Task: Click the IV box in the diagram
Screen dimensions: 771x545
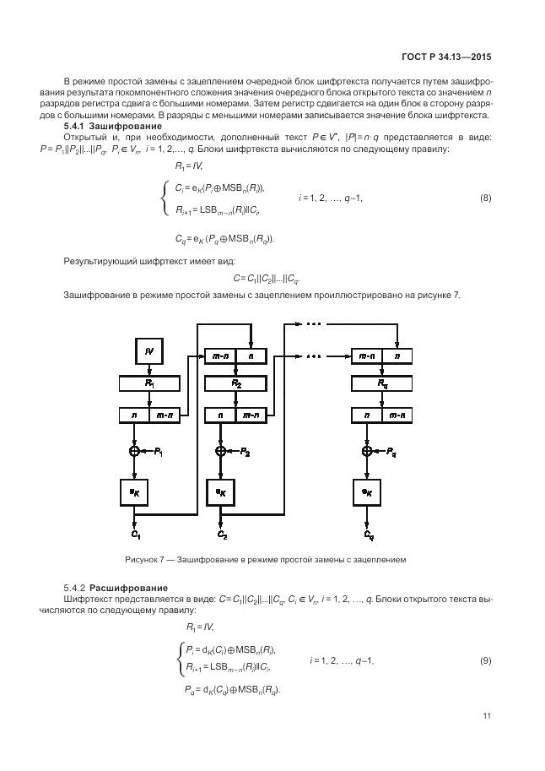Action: point(148,350)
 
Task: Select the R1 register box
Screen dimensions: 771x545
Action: point(148,383)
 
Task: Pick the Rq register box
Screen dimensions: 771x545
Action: point(381,383)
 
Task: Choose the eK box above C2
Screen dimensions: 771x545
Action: point(221,491)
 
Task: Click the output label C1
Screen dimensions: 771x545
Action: point(135,535)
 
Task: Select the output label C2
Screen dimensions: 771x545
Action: point(222,535)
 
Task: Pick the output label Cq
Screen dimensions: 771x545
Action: point(369,535)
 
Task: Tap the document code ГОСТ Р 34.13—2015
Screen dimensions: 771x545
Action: point(449,57)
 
